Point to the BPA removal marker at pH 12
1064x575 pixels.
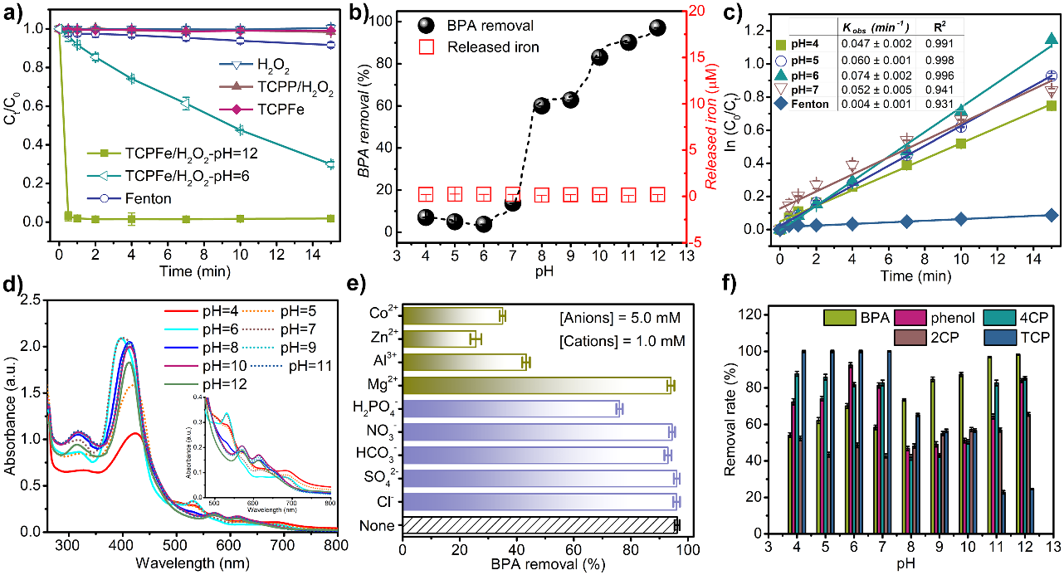click(x=657, y=27)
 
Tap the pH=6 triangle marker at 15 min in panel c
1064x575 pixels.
click(x=1052, y=39)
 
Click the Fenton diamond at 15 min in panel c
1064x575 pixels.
click(x=1052, y=215)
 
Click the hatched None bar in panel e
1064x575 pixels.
click(x=539, y=525)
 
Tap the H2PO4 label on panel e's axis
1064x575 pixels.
click(x=378, y=408)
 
